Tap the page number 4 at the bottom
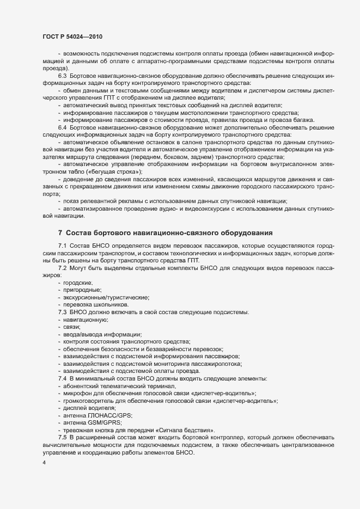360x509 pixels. [44, 463]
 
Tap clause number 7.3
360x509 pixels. [62, 312]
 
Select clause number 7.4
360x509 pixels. [62, 378]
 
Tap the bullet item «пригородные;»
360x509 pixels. [82, 291]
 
